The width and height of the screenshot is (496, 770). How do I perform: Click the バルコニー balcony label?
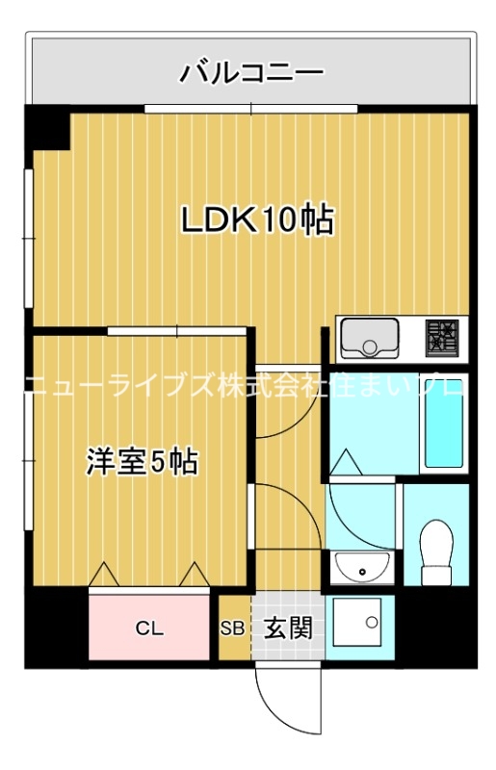(251, 71)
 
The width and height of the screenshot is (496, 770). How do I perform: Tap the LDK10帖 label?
(257, 219)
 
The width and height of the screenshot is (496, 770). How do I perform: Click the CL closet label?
(148, 629)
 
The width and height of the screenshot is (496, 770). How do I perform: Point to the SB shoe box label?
(232, 629)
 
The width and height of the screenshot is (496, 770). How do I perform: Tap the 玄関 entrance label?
(288, 629)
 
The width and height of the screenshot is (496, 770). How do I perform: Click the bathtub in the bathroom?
(444, 423)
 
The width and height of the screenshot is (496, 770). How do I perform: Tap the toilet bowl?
(437, 547)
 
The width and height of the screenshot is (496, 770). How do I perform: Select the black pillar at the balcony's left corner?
(47, 128)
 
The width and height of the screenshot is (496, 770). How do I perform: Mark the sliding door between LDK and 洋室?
(178, 331)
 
